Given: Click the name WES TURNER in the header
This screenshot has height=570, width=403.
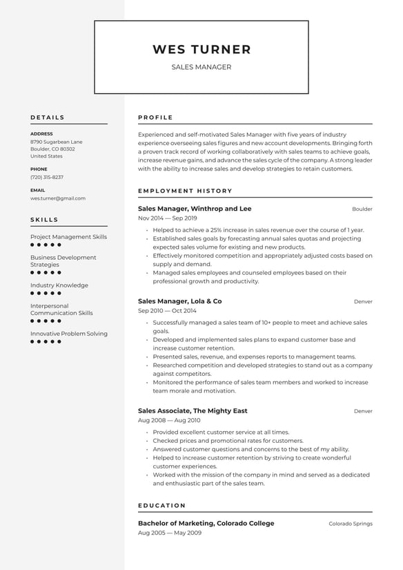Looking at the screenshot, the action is click(x=201, y=50).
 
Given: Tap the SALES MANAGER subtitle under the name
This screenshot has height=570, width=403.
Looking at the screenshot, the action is click(x=201, y=67).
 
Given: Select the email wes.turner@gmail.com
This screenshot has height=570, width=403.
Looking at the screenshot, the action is click(x=58, y=198).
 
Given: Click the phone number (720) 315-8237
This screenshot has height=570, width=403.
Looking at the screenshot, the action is click(x=47, y=177).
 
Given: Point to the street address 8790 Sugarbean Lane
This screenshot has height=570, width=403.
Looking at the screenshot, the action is click(x=56, y=142).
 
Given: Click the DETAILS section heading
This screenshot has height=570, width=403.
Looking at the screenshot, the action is click(x=48, y=117).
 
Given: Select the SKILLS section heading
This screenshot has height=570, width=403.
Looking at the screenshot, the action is click(x=45, y=220).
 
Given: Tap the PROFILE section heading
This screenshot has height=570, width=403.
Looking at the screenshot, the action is click(x=155, y=117).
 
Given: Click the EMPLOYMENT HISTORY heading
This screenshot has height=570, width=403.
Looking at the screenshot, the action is click(x=185, y=191).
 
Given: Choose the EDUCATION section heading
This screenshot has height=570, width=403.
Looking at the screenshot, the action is click(x=162, y=506).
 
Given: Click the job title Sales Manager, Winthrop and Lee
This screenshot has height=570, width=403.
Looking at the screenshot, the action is click(x=195, y=209).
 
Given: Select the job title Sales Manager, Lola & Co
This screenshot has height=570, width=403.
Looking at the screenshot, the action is click(x=179, y=301).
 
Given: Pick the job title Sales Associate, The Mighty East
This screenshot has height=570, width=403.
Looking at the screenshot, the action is click(x=193, y=411).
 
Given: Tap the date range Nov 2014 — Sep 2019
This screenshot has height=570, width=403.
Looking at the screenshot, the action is click(x=168, y=218).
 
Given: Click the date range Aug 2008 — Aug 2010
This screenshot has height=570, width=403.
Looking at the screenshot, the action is click(x=169, y=420).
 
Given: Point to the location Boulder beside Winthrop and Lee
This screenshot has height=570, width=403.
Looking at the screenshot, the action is click(x=362, y=209).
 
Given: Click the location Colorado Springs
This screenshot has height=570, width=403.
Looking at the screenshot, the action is click(x=350, y=524).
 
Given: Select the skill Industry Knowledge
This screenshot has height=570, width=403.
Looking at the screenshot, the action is click(x=59, y=285).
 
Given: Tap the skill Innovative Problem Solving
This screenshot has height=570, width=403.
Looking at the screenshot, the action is click(x=69, y=334).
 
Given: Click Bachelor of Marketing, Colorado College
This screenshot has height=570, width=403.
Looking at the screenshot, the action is click(x=206, y=523).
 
